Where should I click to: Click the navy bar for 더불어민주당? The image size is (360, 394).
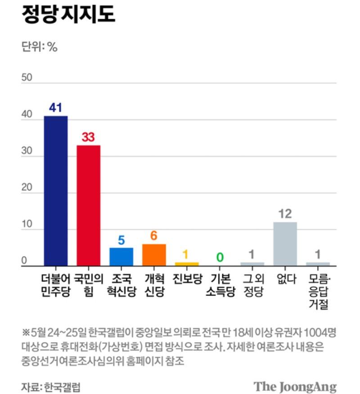pyautogui.click(x=56, y=191)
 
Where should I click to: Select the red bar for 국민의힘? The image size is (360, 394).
pyautogui.click(x=88, y=205)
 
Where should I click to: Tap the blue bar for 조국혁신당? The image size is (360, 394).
pyautogui.click(x=121, y=257)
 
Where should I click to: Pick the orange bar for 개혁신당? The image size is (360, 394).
pyautogui.click(x=154, y=255)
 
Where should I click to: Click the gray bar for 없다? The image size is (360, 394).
pyautogui.click(x=285, y=244)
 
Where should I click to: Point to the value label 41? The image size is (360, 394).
pyautogui.click(x=56, y=108)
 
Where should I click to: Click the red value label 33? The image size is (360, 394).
pyautogui.click(x=88, y=137)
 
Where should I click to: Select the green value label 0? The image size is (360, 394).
pyautogui.click(x=220, y=257)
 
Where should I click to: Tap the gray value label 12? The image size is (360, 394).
pyautogui.click(x=285, y=214)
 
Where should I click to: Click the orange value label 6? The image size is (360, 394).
pyautogui.click(x=154, y=236)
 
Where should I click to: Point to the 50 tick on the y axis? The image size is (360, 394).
pyautogui.click(x=27, y=78)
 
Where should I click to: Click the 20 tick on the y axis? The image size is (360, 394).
pyautogui.click(x=27, y=188)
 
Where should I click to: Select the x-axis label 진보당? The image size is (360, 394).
pyautogui.click(x=187, y=279)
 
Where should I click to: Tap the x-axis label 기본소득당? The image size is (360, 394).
pyautogui.click(x=220, y=285)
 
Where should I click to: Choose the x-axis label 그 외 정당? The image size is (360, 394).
pyautogui.click(x=252, y=285)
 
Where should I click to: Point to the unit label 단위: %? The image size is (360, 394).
pyautogui.click(x=40, y=47)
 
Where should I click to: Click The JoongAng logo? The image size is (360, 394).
pyautogui.click(x=295, y=386)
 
